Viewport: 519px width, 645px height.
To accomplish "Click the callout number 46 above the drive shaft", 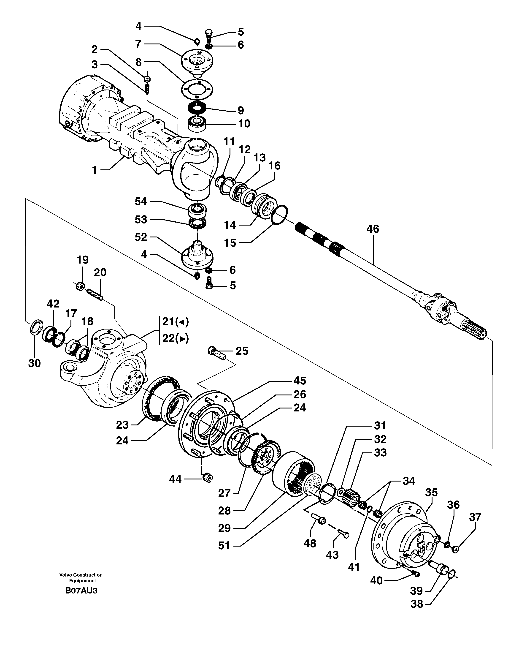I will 373,229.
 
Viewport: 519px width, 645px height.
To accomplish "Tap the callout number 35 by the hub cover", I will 431,492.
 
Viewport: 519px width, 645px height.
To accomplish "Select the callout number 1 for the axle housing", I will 95,170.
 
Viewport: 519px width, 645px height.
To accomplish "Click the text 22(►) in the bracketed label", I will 175,339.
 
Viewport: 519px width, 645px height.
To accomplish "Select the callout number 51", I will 224,545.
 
